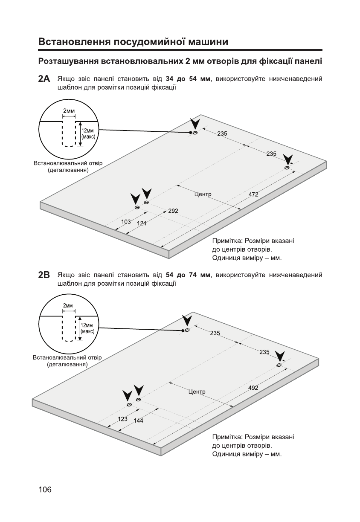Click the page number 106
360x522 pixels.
(44, 490)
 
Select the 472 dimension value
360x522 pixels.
(253, 194)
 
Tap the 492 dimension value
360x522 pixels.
(253, 388)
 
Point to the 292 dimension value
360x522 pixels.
(173, 211)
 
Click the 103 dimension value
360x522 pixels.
(126, 222)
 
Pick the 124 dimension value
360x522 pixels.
(142, 223)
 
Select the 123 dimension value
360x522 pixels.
(122, 419)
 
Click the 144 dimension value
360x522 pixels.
(138, 420)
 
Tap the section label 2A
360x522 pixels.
(44, 79)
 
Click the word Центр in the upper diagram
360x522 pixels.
(203, 194)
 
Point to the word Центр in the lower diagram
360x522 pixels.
(197, 391)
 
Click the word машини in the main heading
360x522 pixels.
(206, 42)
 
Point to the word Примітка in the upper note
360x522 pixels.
(227, 241)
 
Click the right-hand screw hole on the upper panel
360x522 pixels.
(287, 168)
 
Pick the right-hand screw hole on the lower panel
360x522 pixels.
(279, 365)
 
